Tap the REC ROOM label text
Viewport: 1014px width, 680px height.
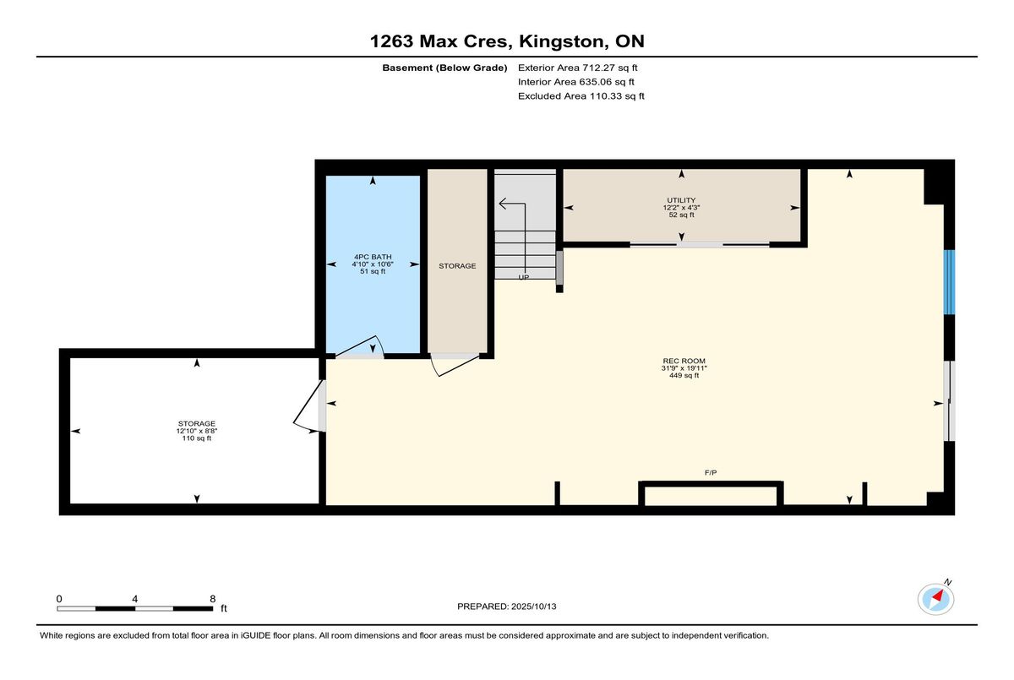click(x=684, y=361)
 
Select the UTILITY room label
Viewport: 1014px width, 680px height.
click(x=681, y=200)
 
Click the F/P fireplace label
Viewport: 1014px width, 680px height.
click(x=711, y=472)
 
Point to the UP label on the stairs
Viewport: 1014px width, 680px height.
click(x=524, y=277)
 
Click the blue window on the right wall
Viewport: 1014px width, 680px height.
click(x=949, y=282)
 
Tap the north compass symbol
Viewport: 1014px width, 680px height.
click(x=936, y=598)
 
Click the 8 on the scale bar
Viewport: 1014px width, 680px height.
click(x=212, y=598)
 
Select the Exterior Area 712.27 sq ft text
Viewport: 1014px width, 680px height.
click(x=572, y=68)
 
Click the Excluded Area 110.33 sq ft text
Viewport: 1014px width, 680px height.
click(x=581, y=96)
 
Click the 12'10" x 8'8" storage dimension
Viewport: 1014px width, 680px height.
click(x=197, y=431)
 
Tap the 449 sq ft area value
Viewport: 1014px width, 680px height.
click(x=684, y=376)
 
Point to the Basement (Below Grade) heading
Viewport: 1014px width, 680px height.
click(x=444, y=68)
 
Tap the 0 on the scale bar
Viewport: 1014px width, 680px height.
click(x=59, y=598)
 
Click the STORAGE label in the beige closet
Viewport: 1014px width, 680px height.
click(x=457, y=266)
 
